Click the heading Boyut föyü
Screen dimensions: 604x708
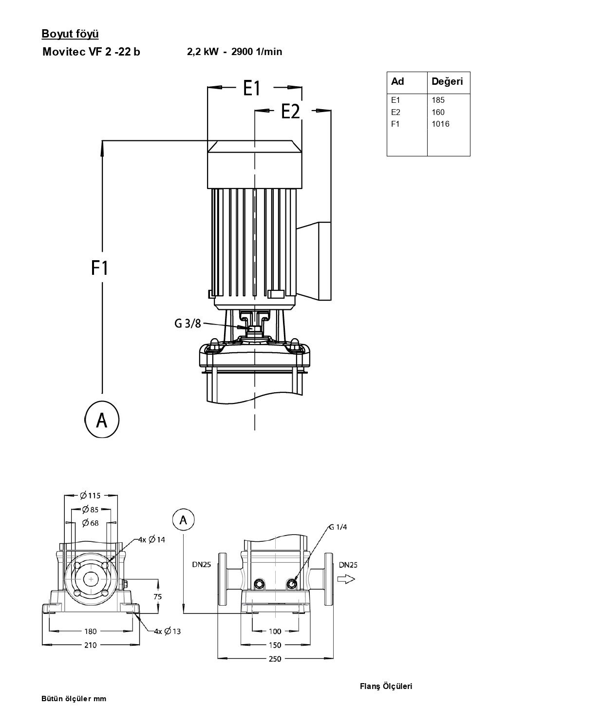coord(70,34)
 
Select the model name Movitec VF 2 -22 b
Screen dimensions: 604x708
coord(91,52)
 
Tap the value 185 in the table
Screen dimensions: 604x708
coord(438,100)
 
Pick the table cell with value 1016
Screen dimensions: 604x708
coord(440,124)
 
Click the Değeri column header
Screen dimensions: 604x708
coord(447,81)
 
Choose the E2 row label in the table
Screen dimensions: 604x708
coord(396,112)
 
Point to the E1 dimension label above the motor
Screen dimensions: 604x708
coord(252,88)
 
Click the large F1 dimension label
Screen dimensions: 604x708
coord(99,268)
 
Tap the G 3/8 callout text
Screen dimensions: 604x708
coord(188,324)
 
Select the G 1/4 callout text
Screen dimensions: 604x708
coord(338,527)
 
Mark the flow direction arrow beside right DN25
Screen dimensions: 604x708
coord(346,579)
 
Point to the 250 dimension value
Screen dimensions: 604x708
coord(275,659)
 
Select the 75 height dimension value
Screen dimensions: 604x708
coord(157,597)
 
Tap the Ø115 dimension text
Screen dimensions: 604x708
coord(91,496)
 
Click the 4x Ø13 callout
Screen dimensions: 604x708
coord(167,631)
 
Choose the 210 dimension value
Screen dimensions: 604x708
coord(91,645)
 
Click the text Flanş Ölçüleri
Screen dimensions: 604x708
coord(386,687)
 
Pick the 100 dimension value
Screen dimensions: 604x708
coord(275,631)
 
